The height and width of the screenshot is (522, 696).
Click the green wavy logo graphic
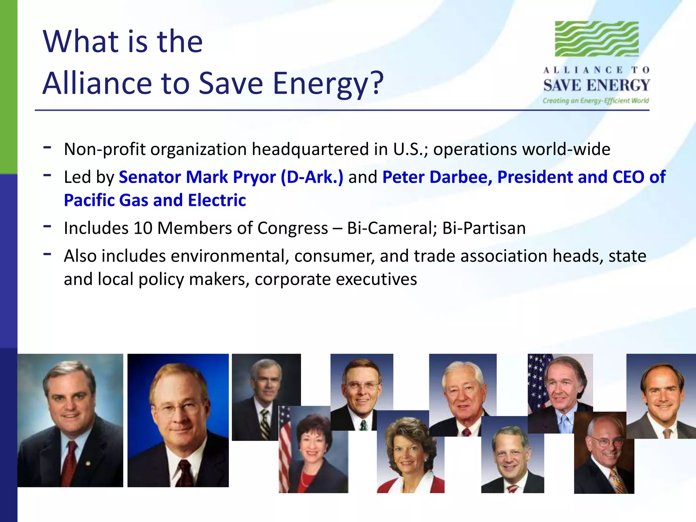596,39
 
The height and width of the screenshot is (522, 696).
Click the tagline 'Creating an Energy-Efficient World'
595,101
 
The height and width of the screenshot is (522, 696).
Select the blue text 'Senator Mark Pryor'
197,177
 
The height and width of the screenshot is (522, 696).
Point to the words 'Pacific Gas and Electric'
155,200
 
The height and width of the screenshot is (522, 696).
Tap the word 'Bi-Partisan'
484,228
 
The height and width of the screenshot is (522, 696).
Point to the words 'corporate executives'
336,279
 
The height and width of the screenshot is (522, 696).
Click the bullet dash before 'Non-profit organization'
47,147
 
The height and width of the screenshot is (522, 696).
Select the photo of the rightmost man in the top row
661,396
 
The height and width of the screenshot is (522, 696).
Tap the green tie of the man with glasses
364,425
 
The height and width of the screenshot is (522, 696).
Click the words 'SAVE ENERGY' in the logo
596,85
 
